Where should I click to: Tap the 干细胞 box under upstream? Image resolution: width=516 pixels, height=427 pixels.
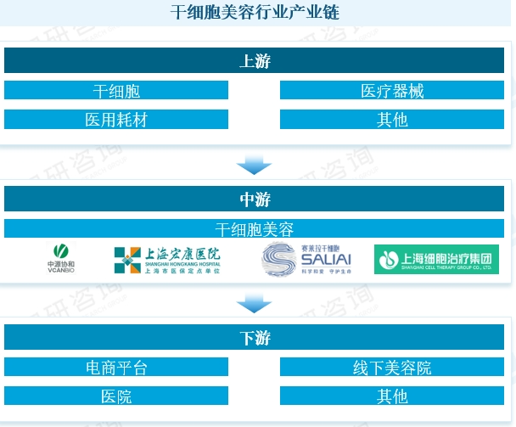(x=116, y=91)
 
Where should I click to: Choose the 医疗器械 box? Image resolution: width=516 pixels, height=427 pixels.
(x=392, y=91)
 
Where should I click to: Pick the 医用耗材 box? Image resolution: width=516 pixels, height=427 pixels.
(x=116, y=119)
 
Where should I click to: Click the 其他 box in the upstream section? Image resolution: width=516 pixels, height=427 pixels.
(x=392, y=119)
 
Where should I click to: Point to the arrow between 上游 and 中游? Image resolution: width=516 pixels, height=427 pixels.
(x=254, y=164)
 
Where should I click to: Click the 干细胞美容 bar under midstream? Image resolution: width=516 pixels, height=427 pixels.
(x=254, y=229)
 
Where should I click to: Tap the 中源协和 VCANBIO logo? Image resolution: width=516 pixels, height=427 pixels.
(x=60, y=259)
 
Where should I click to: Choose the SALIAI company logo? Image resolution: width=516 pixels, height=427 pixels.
(x=306, y=259)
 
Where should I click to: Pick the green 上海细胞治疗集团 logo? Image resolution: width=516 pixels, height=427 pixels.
(x=436, y=259)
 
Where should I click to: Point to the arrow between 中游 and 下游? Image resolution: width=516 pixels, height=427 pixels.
(x=254, y=303)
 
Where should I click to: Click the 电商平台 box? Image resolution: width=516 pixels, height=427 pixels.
(x=116, y=368)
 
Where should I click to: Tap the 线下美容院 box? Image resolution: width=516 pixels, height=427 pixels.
(x=392, y=368)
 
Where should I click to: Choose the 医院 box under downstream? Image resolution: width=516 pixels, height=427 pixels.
(x=116, y=396)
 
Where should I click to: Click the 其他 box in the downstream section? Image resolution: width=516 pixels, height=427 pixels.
(x=392, y=396)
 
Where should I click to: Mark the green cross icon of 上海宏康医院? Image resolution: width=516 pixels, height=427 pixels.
(x=127, y=260)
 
